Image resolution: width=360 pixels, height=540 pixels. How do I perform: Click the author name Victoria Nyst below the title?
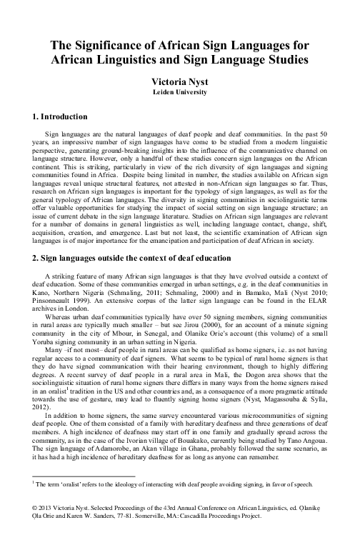[179, 82]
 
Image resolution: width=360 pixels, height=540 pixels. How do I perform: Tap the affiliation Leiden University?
[179, 93]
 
